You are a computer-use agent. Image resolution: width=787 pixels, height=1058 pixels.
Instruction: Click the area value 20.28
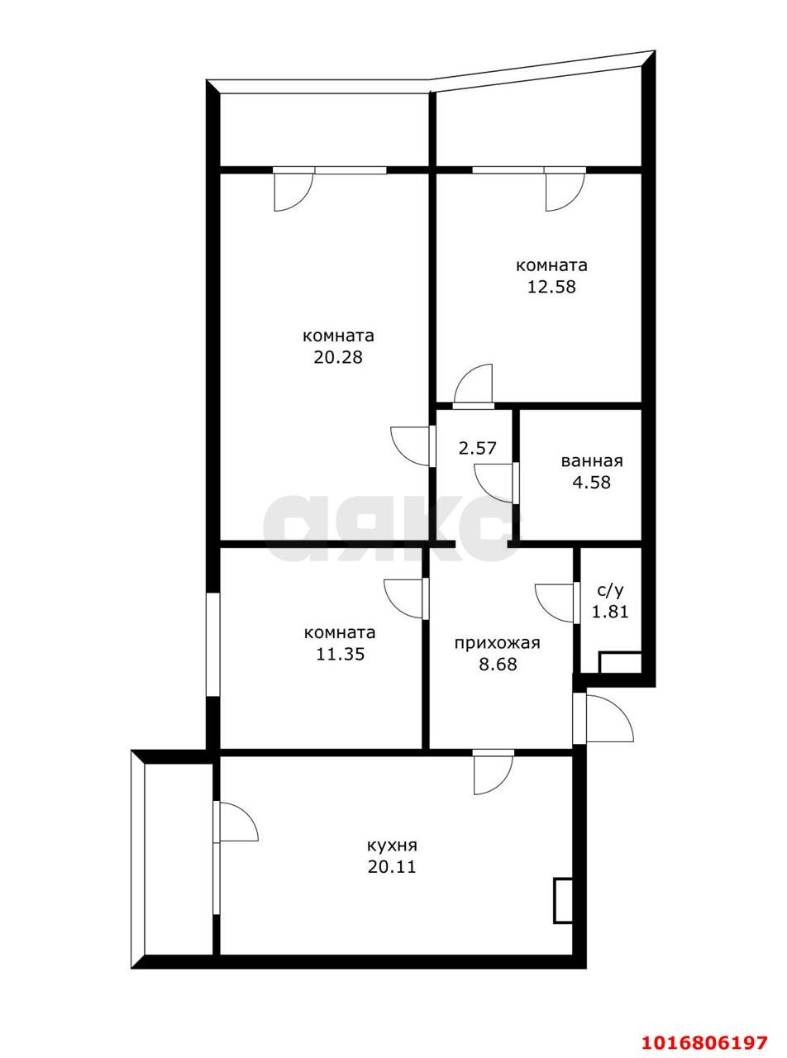click(x=338, y=357)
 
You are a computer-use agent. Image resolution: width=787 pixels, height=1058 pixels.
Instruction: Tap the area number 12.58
click(x=551, y=286)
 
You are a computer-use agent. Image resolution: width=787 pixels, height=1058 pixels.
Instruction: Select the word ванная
click(x=592, y=461)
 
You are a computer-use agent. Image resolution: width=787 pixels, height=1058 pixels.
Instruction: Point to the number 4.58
click(x=592, y=482)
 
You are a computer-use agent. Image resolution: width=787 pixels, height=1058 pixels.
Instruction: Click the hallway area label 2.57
click(x=478, y=448)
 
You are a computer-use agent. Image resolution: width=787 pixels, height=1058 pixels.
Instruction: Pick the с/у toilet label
click(x=610, y=592)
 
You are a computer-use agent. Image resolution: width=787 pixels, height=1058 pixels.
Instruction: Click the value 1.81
click(x=610, y=612)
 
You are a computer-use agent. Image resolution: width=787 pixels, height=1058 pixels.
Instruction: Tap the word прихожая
click(x=498, y=644)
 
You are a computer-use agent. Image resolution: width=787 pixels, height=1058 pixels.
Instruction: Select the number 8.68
click(x=498, y=664)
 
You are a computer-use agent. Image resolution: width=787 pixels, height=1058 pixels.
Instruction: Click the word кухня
click(x=392, y=846)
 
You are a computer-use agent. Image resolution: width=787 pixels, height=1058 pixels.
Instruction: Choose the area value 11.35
click(x=341, y=654)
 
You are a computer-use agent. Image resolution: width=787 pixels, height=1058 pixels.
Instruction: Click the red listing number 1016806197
click(x=704, y=1029)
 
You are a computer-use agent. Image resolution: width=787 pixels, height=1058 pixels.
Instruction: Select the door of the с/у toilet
click(x=557, y=603)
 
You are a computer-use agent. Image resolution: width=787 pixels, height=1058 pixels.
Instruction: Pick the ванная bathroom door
click(x=496, y=482)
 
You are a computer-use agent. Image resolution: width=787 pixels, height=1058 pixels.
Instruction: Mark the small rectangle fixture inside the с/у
click(x=620, y=663)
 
